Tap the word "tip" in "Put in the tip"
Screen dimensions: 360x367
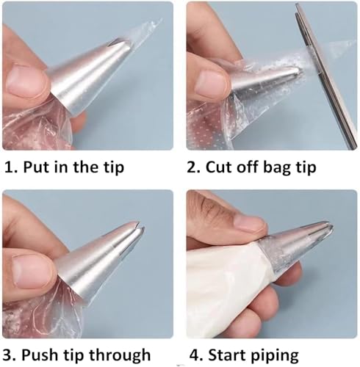coord(113,168)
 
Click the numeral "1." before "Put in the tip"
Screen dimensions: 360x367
coord(11,167)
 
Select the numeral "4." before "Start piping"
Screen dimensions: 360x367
coord(196,355)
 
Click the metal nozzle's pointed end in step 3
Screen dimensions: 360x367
coord(140,225)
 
